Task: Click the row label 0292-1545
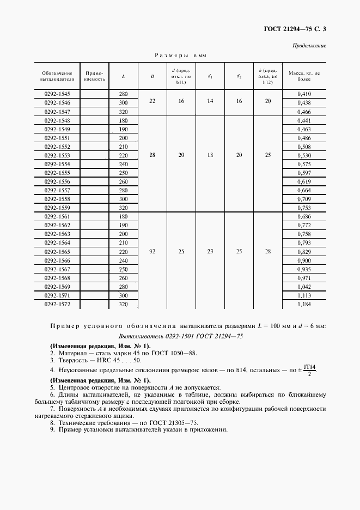coord(57,94)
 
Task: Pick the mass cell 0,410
coord(304,94)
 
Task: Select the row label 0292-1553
coord(57,155)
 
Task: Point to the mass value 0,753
coord(304,207)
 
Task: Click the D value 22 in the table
coord(152,102)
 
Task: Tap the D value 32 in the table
coord(152,252)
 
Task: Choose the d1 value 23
coord(210,252)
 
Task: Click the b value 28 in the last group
coord(267,252)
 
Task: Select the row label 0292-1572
coord(57,303)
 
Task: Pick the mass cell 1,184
coord(304,303)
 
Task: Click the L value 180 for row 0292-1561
coord(123,216)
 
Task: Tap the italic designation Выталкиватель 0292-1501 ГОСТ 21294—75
coord(180,336)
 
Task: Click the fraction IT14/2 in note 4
coord(310,370)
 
